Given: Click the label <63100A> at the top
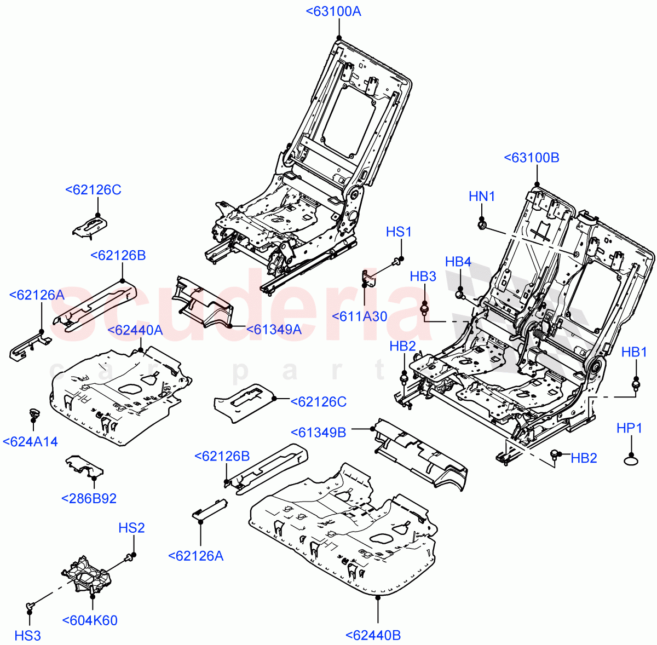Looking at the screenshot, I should click(x=333, y=11).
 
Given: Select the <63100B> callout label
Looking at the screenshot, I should click(x=531, y=158).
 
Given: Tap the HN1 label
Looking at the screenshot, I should click(x=482, y=196).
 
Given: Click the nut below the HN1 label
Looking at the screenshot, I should click(x=482, y=224).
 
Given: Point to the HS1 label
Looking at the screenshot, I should click(x=399, y=232).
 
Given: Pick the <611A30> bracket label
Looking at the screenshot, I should click(x=360, y=316).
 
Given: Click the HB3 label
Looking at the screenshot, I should click(x=423, y=276).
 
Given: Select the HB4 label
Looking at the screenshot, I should click(x=458, y=262).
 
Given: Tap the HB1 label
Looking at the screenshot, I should click(x=634, y=352).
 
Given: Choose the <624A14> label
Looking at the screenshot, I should click(x=30, y=442).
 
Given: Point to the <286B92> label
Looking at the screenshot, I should click(x=89, y=498).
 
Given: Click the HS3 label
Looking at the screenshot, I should click(x=27, y=635).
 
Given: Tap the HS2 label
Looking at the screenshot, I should click(x=132, y=528).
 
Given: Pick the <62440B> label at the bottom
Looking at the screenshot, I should click(x=373, y=635).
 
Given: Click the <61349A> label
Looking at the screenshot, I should click(x=274, y=329).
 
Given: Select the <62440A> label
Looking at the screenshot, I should click(x=135, y=330).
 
